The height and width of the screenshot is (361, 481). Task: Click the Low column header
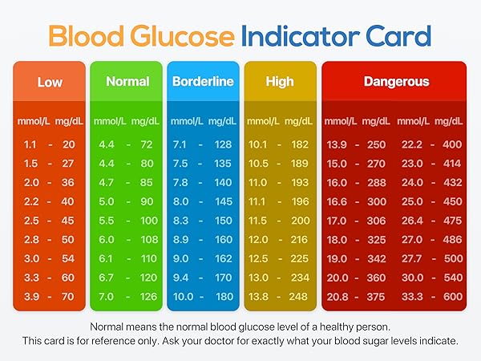click(x=51, y=82)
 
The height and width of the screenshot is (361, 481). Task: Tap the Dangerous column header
click(x=396, y=82)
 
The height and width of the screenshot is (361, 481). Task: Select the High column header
click(x=280, y=82)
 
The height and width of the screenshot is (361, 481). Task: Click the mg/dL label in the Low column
click(x=67, y=121)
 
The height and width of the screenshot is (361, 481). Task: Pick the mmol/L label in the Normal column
click(x=110, y=121)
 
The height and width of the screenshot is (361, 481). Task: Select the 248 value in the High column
click(x=299, y=296)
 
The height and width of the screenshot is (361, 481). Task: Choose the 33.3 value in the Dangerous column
click(x=411, y=296)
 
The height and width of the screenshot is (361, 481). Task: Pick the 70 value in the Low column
click(x=67, y=296)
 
